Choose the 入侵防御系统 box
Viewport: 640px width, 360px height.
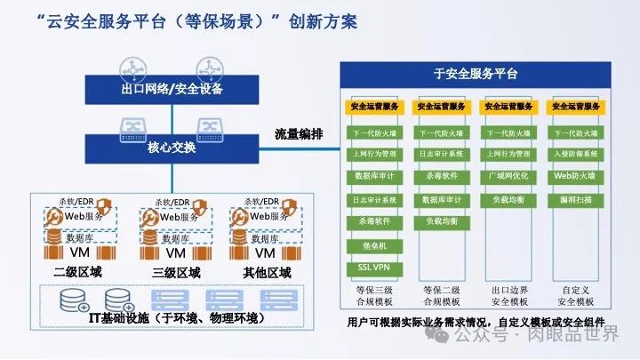(x=576, y=155)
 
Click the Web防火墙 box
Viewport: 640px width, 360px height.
(x=576, y=176)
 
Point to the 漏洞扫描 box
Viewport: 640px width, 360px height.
(x=576, y=199)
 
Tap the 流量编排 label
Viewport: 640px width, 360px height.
(x=299, y=134)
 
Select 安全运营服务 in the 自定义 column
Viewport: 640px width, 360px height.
(x=576, y=107)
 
